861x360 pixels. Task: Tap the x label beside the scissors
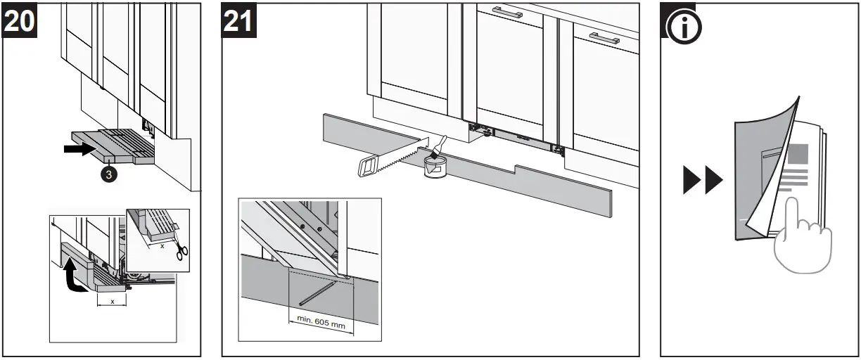(162, 245)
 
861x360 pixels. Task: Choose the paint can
(435, 168)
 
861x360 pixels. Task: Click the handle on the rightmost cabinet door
(604, 38)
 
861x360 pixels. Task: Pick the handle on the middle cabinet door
(506, 13)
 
